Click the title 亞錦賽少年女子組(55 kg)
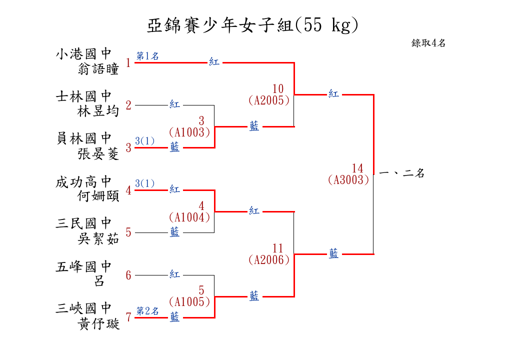tap(252, 25)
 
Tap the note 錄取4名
tap(428, 43)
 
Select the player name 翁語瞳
tap(98, 69)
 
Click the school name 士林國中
tap(83, 96)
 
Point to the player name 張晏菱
tap(98, 154)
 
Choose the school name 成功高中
tap(83, 181)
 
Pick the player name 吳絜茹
tap(98, 239)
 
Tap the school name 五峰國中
tap(83, 266)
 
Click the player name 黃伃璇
tap(98, 324)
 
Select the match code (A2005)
tap(269, 100)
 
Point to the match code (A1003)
tap(189, 132)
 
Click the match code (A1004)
tap(189, 217)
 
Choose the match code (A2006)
tap(269, 259)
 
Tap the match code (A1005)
tap(189, 302)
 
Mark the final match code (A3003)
tap(348, 180)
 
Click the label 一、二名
tap(401, 173)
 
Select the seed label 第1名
tap(147, 56)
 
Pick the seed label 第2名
tap(147, 311)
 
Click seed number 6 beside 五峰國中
tap(128, 275)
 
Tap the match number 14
tap(357, 168)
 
